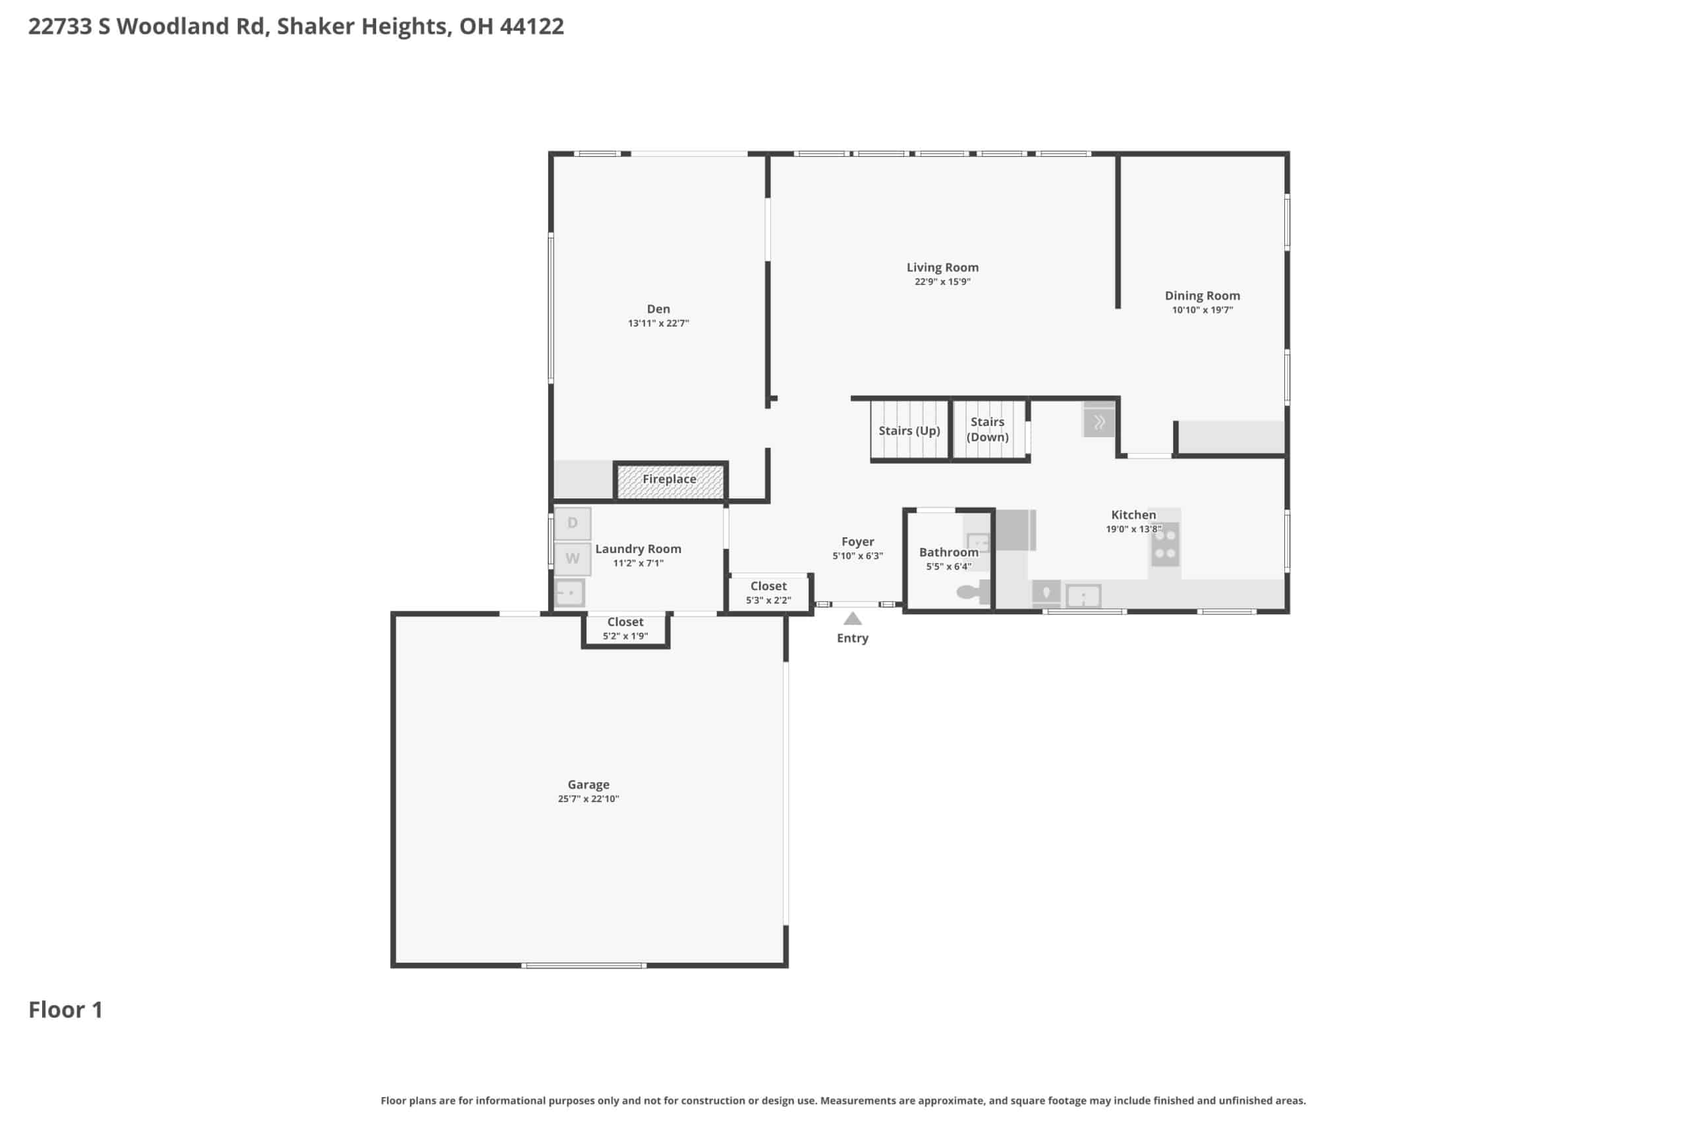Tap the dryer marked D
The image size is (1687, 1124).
(x=573, y=523)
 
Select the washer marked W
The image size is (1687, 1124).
(x=573, y=558)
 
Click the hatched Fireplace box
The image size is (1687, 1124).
(x=670, y=481)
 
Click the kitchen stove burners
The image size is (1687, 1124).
(x=1165, y=544)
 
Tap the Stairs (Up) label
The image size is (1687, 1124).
(x=909, y=431)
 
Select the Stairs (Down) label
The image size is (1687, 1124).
(x=987, y=429)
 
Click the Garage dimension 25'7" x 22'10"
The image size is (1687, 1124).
(x=588, y=799)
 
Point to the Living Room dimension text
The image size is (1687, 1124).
(x=942, y=282)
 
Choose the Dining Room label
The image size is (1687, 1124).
(x=1202, y=296)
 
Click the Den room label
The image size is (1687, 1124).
(x=658, y=309)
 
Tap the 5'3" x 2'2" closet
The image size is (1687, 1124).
(x=768, y=593)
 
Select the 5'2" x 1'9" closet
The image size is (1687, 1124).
(x=625, y=629)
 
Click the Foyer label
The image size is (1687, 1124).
(x=858, y=542)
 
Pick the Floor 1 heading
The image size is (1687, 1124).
(x=65, y=1010)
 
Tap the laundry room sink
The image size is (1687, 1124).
(x=569, y=593)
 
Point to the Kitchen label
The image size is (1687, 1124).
(x=1133, y=515)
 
